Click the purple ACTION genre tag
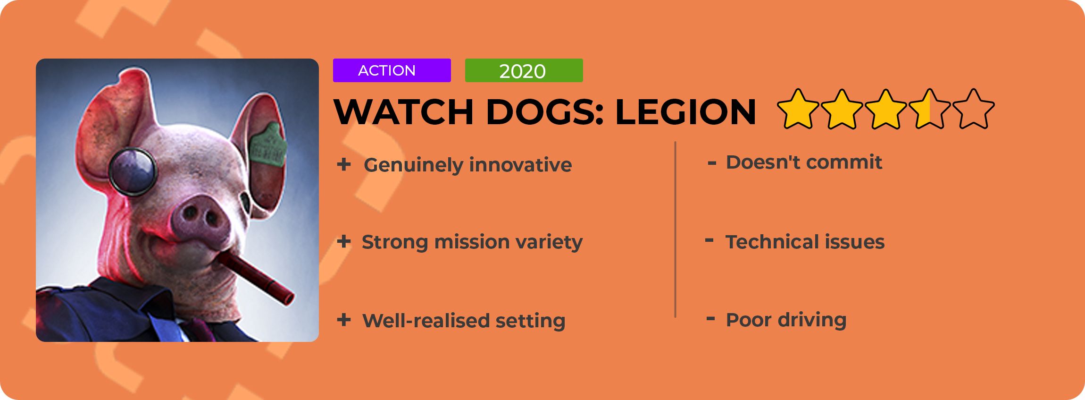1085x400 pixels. coord(392,70)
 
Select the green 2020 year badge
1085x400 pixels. coord(524,70)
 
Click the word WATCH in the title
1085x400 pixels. coord(404,112)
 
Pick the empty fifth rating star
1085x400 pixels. coord(974,109)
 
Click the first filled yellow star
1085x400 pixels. coord(798,109)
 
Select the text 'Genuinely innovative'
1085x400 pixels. coord(467,165)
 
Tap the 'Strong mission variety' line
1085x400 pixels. coord(472,242)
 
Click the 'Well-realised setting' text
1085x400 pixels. coord(464,321)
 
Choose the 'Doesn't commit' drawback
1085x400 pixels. coord(804,162)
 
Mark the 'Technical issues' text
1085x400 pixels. coord(805,242)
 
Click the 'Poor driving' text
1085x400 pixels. coord(786,320)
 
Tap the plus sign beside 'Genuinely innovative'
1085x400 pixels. coord(344,164)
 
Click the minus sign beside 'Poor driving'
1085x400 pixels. coord(711,319)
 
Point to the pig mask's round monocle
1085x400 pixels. coord(133,171)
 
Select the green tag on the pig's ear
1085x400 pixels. coord(268,144)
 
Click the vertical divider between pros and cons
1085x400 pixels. coord(676,230)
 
